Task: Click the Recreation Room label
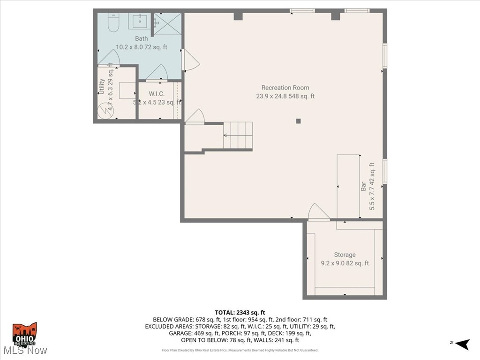point(285,88)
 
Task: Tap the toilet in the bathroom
point(113,22)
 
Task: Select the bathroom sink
point(140,21)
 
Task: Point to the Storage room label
point(345,255)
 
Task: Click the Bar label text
point(363,186)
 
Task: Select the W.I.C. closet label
point(157,94)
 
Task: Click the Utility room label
point(102,87)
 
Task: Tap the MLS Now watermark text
point(25,350)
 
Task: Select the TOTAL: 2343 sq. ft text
point(240,313)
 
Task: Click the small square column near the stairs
point(298,121)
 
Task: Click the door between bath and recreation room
point(190,60)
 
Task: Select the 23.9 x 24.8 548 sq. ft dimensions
point(285,97)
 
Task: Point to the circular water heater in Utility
point(105,111)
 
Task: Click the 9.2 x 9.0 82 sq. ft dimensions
point(345,263)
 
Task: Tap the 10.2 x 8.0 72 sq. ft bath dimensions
point(141,47)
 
